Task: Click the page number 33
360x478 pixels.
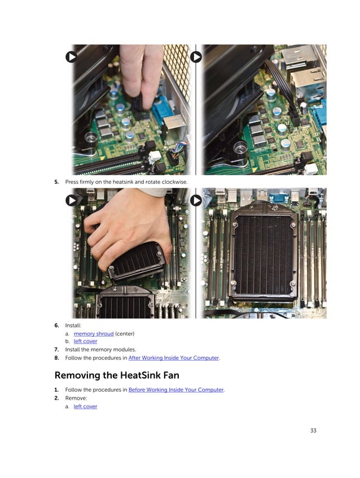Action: point(313,431)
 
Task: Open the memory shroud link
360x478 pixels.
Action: point(93,334)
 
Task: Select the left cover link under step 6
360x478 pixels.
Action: point(85,341)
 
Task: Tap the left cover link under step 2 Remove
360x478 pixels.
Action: point(85,406)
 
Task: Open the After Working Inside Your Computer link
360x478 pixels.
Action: point(174,357)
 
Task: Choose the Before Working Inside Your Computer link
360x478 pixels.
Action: point(176,390)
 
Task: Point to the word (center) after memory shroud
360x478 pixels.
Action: point(125,334)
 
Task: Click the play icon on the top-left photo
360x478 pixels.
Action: point(71,57)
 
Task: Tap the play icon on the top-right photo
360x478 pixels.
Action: point(196,57)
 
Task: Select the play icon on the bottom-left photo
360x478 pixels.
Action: point(71,200)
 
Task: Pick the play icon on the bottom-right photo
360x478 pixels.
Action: point(196,200)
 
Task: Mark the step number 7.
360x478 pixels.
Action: point(56,349)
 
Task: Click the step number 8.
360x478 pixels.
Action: point(56,357)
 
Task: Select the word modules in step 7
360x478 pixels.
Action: point(124,349)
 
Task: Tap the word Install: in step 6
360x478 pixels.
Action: point(73,325)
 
